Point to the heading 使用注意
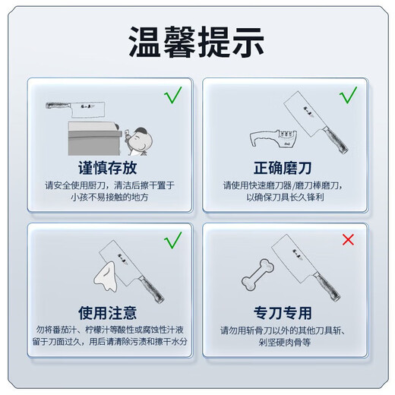(107, 312)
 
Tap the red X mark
(349, 240)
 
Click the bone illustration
(256, 273)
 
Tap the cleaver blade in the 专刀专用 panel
(292, 254)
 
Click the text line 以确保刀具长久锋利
(285, 197)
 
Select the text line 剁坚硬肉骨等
(285, 343)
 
